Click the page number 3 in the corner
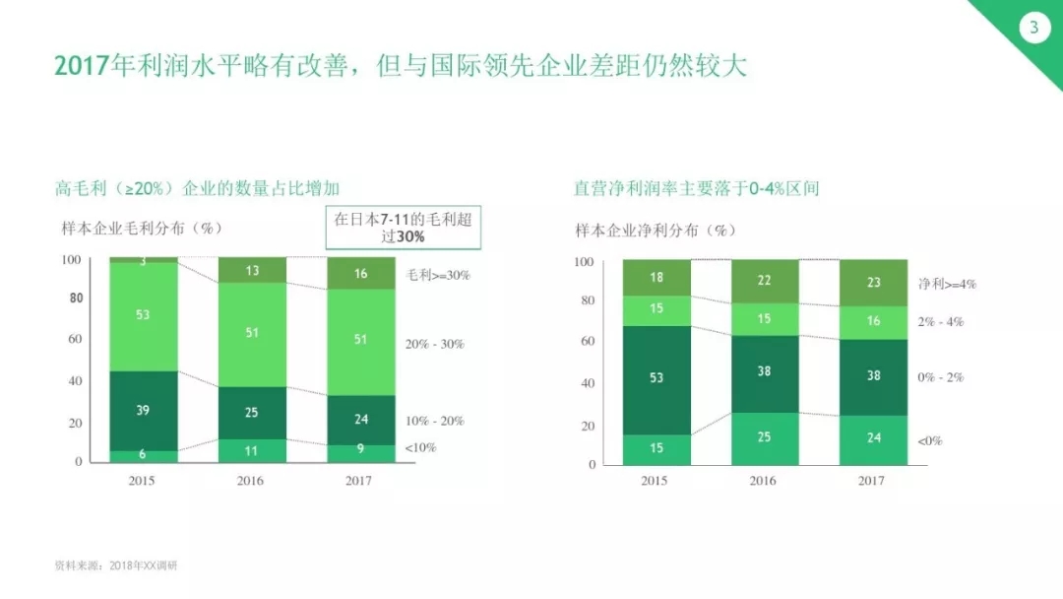point(1033,28)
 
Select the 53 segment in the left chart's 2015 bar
point(143,316)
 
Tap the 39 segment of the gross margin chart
point(143,411)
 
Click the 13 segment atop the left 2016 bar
point(252,270)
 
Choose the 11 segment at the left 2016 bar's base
point(252,451)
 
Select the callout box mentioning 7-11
point(404,228)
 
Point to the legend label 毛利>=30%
point(438,275)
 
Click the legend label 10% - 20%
point(435,421)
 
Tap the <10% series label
point(420,447)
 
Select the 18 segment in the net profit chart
point(657,278)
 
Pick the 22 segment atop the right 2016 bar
point(765,281)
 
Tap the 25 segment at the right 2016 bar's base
point(765,438)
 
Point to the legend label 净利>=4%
point(947,285)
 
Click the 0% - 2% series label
point(940,377)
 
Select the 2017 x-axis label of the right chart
point(871,481)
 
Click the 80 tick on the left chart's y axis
point(76,298)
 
